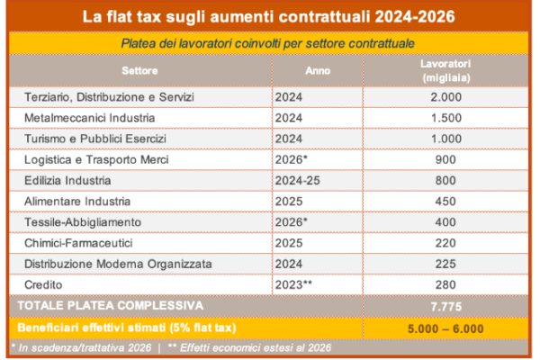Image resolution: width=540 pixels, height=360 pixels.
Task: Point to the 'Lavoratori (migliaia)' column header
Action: coord(445,70)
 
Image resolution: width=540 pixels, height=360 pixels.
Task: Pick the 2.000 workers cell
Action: coord(445,96)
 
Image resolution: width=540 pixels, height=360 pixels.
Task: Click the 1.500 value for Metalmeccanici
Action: coord(445,118)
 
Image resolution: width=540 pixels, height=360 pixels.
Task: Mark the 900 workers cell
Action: coord(445,159)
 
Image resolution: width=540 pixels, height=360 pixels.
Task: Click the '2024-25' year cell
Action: coord(300,180)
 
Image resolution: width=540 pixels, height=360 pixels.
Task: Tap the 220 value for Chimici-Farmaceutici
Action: coord(445,242)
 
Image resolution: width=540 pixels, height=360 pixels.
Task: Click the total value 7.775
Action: coord(445,306)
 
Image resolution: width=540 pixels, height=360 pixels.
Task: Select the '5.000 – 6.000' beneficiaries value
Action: coord(445,328)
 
